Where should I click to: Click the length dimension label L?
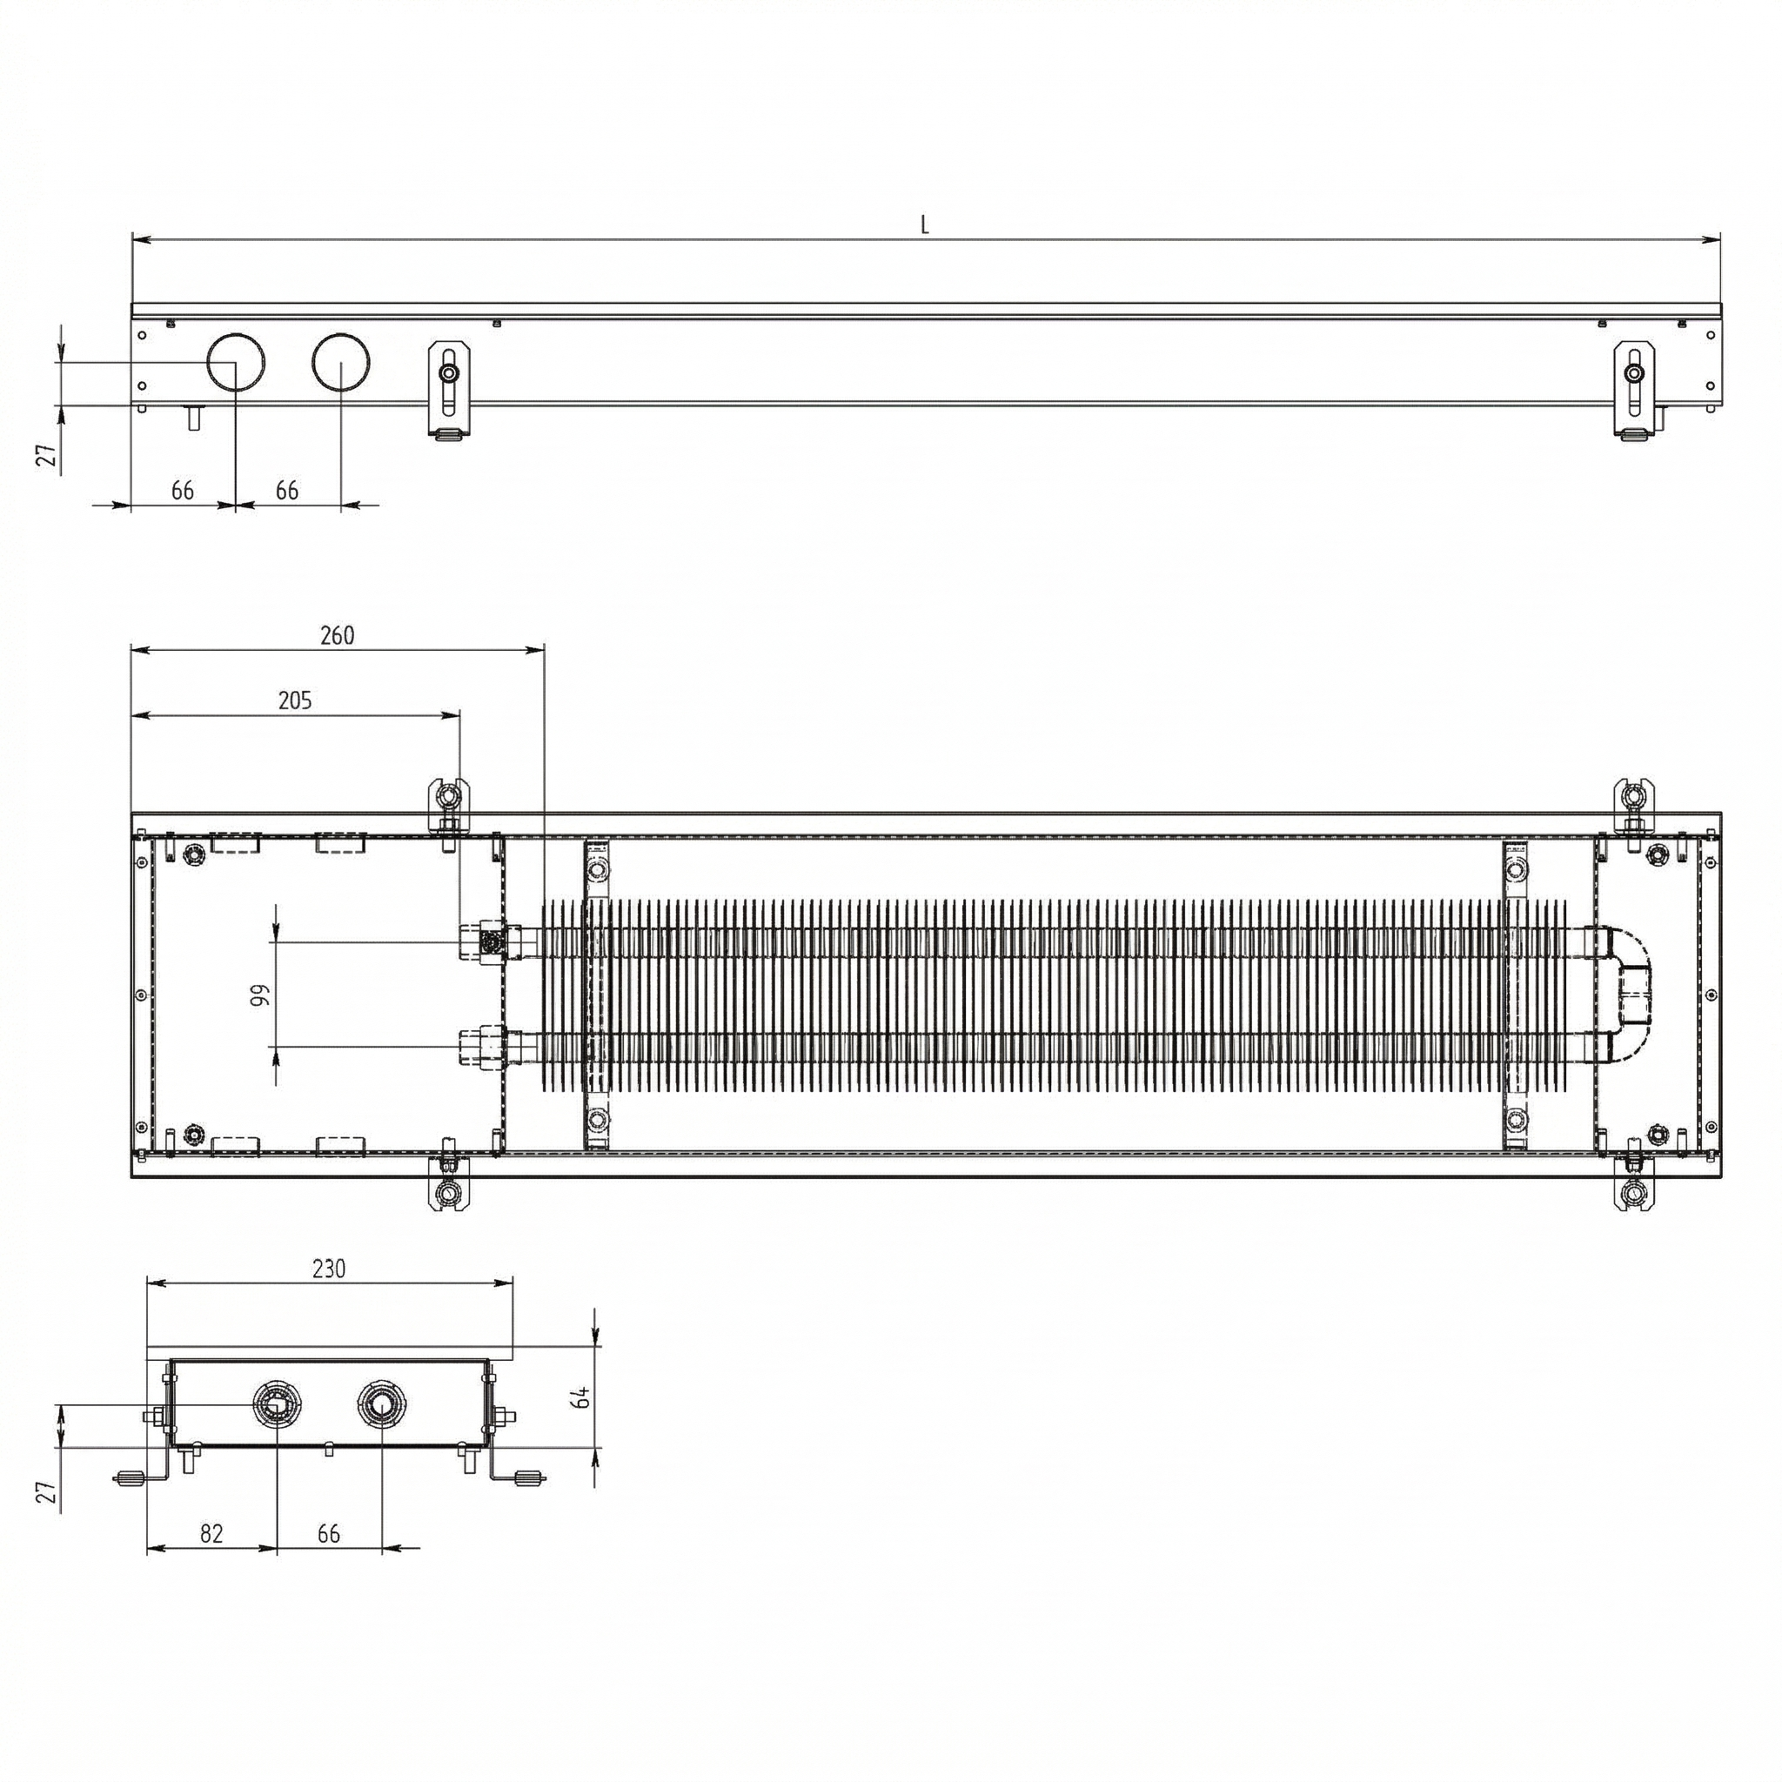pos(925,224)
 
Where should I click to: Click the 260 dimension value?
pos(337,635)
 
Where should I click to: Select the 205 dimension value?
pos(295,700)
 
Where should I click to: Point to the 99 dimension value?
pos(260,995)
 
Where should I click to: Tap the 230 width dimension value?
pos(328,1270)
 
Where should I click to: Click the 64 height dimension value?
pos(582,1397)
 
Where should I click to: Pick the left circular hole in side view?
pos(236,362)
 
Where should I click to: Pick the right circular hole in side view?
pos(341,362)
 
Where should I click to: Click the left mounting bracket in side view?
pos(449,387)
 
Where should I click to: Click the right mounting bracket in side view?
pos(1633,387)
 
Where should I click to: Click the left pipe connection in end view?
pos(276,1404)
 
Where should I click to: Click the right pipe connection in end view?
pos(381,1404)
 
